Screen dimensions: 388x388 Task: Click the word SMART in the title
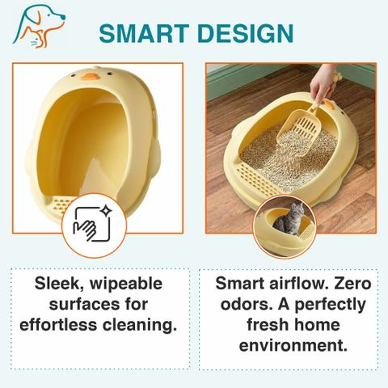pyautogui.click(x=144, y=33)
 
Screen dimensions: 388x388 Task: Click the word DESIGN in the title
pyautogui.click(x=245, y=33)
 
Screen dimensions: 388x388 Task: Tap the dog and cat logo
pyautogui.click(x=39, y=27)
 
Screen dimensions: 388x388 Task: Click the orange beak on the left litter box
pyautogui.click(x=90, y=77)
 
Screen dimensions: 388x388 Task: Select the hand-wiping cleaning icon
pyautogui.click(x=93, y=224)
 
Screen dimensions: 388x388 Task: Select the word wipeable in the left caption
pyautogui.click(x=126, y=284)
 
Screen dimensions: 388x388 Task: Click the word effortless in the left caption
pyautogui.click(x=58, y=324)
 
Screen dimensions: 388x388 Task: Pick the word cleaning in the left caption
pyautogui.click(x=140, y=326)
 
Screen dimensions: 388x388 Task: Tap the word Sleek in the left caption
pyautogui.click(x=59, y=284)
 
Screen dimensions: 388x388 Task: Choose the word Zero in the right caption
pyautogui.click(x=352, y=284)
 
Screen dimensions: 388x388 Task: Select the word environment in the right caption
pyautogui.click(x=293, y=345)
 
